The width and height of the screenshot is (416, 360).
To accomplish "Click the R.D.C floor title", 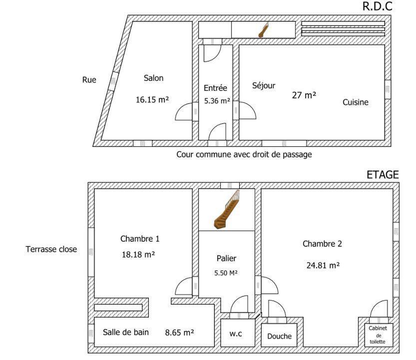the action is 377,6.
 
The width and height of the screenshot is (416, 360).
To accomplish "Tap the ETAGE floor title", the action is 383,175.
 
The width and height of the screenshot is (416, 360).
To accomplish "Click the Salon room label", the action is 154,78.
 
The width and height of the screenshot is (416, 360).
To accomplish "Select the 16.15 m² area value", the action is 152,100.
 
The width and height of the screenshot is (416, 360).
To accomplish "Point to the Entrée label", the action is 215,88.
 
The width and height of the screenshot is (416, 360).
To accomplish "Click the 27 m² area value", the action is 304,95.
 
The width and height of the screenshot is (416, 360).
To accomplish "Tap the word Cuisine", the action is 356,102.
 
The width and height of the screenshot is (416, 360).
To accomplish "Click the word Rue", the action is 89,80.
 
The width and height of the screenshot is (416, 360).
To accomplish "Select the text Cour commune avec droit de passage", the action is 244,154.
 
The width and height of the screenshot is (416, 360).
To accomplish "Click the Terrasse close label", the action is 51,249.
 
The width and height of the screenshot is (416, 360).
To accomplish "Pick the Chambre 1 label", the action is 140,239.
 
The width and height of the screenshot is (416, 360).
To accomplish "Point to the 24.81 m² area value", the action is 323,265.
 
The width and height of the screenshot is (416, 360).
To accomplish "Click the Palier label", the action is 226,258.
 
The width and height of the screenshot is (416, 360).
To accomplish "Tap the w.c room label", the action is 236,334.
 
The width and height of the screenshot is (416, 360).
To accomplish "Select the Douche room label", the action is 279,336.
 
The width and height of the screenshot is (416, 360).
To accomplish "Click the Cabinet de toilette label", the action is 378,335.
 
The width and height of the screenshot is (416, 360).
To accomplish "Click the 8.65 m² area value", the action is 179,333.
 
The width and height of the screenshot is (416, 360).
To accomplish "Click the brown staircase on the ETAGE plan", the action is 226,210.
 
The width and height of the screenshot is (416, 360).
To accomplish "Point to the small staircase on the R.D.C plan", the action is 264,30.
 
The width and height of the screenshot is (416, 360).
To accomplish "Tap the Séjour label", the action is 264,85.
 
